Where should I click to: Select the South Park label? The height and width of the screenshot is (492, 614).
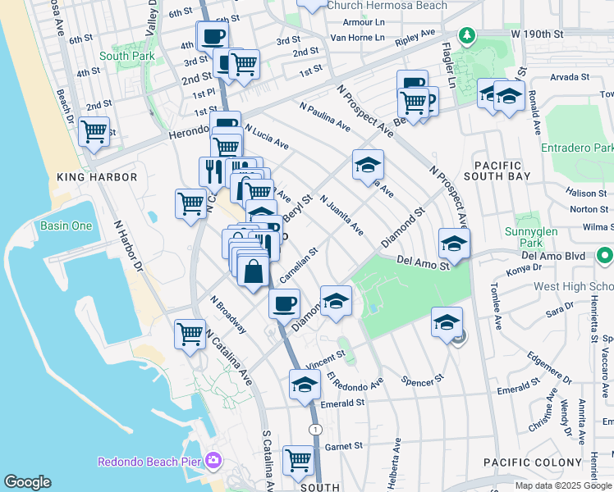point(121,56)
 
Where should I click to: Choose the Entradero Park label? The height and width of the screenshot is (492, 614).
point(578,148)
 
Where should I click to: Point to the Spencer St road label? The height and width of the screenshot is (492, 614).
point(423,380)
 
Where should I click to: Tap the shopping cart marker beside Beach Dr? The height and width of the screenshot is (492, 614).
point(94,131)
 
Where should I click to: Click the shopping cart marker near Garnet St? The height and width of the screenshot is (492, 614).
point(298,459)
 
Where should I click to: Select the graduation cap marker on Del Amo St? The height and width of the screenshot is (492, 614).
point(454,243)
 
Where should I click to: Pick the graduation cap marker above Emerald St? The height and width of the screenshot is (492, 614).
point(305,384)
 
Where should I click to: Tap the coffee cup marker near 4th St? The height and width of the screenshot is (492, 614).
point(212,35)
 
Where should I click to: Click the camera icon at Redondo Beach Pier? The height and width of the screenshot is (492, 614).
point(214,461)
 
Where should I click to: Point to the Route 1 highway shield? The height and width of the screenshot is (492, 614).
point(314,430)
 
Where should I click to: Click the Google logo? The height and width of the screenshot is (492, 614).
point(28,482)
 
